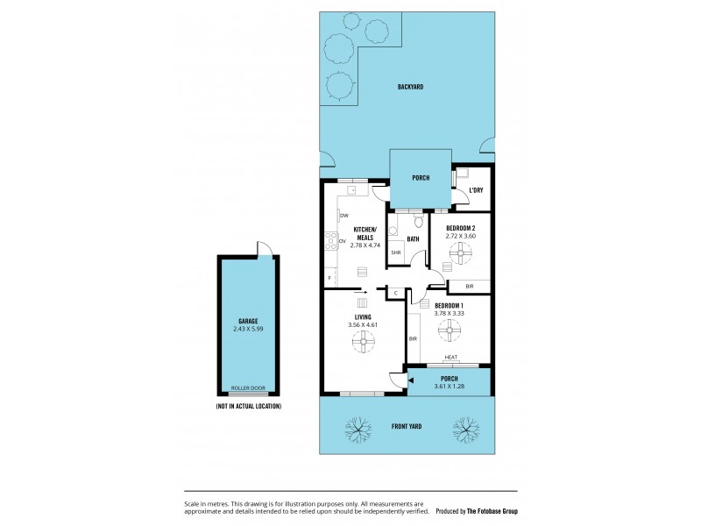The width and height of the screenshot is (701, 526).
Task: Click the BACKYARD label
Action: click(x=410, y=87)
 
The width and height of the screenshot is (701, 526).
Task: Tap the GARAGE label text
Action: click(x=247, y=321)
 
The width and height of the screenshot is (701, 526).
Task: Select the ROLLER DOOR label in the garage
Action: click(x=248, y=387)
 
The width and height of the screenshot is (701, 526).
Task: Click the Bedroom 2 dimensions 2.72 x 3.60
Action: click(x=460, y=236)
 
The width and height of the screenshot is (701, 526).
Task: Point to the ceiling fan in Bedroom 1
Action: click(x=450, y=330)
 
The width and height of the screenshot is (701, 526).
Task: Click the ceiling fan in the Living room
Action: click(x=364, y=343)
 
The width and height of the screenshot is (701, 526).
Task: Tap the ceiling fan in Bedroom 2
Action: click(x=460, y=255)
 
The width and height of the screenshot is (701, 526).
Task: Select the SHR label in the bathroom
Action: click(x=396, y=253)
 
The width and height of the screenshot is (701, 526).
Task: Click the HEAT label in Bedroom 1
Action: click(x=451, y=357)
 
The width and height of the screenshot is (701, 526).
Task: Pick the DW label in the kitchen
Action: click(x=344, y=215)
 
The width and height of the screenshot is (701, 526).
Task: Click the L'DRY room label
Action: click(x=476, y=190)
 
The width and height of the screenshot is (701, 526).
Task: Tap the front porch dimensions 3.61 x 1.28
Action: click(x=450, y=387)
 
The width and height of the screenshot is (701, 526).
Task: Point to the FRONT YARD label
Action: click(x=407, y=426)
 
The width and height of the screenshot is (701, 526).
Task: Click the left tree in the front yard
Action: click(x=357, y=429)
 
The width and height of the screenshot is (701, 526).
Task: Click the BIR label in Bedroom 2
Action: click(x=470, y=286)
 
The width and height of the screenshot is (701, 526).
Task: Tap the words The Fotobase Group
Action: click(x=492, y=510)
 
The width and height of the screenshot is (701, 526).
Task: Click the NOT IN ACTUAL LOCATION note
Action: click(x=248, y=407)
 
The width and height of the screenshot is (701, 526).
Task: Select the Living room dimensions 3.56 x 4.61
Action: click(x=364, y=325)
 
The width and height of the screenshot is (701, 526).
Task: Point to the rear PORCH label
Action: click(x=421, y=178)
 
